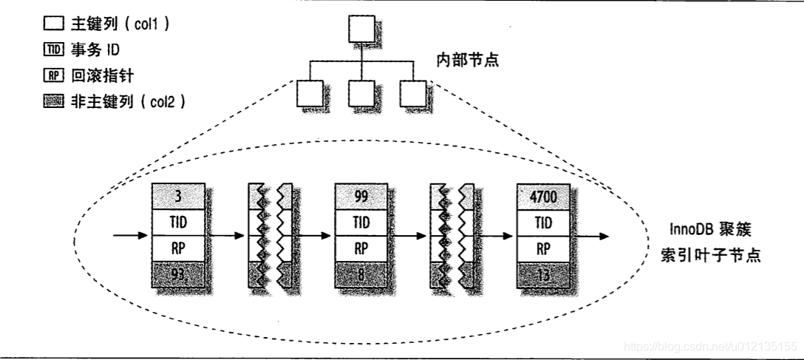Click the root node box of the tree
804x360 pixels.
361,29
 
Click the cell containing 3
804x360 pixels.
177,197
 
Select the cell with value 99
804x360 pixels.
361,197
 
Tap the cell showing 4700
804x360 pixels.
543,197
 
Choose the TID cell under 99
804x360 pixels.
361,223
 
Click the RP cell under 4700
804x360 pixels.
543,248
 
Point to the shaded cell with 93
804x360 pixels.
177,275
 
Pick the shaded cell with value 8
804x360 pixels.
361,275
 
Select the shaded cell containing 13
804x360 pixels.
543,275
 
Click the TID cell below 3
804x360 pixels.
177,223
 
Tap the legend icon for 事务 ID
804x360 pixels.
53,50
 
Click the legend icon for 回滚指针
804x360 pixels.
53,75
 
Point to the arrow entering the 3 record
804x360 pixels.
131,237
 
